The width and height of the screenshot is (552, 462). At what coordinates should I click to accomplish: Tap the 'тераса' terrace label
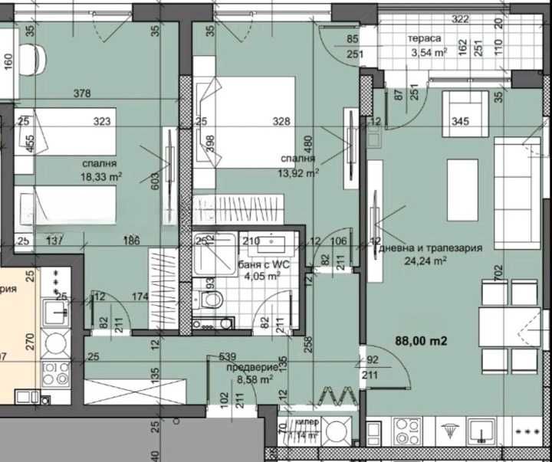click(x=425, y=38)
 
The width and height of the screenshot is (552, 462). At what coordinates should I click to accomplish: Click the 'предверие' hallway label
click(x=248, y=367)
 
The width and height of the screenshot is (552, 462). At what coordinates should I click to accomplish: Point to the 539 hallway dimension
click(x=227, y=357)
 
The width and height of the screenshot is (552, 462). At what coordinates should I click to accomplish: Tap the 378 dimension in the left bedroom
click(x=81, y=94)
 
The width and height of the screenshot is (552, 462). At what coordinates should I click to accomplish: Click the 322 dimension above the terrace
click(x=460, y=18)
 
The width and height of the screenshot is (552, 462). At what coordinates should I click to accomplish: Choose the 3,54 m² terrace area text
click(x=429, y=53)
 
